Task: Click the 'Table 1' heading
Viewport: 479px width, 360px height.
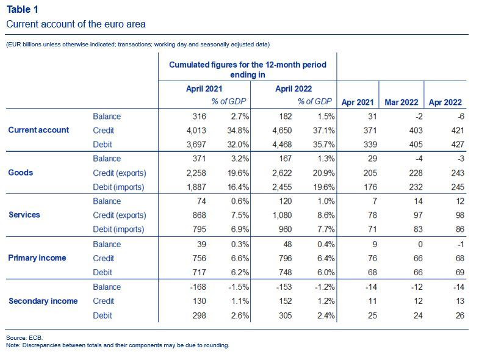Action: [23, 10]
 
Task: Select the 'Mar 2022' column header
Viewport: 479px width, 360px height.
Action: [401, 102]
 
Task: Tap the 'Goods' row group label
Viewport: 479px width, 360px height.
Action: [21, 172]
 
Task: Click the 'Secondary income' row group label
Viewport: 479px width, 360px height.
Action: [43, 301]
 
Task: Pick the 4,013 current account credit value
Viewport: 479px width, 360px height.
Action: [196, 131]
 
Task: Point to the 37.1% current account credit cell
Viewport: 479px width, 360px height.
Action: [323, 131]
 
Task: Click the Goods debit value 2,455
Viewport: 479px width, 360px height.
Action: [282, 187]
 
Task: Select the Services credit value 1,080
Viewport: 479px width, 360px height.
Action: [282, 215]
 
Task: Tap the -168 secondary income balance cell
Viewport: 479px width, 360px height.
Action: [198, 287]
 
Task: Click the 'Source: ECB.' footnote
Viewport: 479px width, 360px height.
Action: [24, 337]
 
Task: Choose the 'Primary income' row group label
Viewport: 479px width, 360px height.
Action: [37, 258]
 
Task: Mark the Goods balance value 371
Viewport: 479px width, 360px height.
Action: [199, 159]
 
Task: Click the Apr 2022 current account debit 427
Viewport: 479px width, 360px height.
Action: [457, 144]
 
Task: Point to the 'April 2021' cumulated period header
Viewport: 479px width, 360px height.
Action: [204, 88]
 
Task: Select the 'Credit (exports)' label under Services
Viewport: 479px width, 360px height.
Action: [120, 215]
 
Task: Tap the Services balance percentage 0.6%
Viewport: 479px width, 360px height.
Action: [240, 201]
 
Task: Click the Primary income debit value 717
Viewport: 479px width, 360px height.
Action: [199, 272]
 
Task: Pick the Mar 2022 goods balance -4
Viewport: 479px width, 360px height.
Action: [419, 159]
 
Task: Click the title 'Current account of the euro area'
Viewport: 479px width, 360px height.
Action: [76, 24]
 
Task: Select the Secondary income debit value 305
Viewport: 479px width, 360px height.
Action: [285, 315]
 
